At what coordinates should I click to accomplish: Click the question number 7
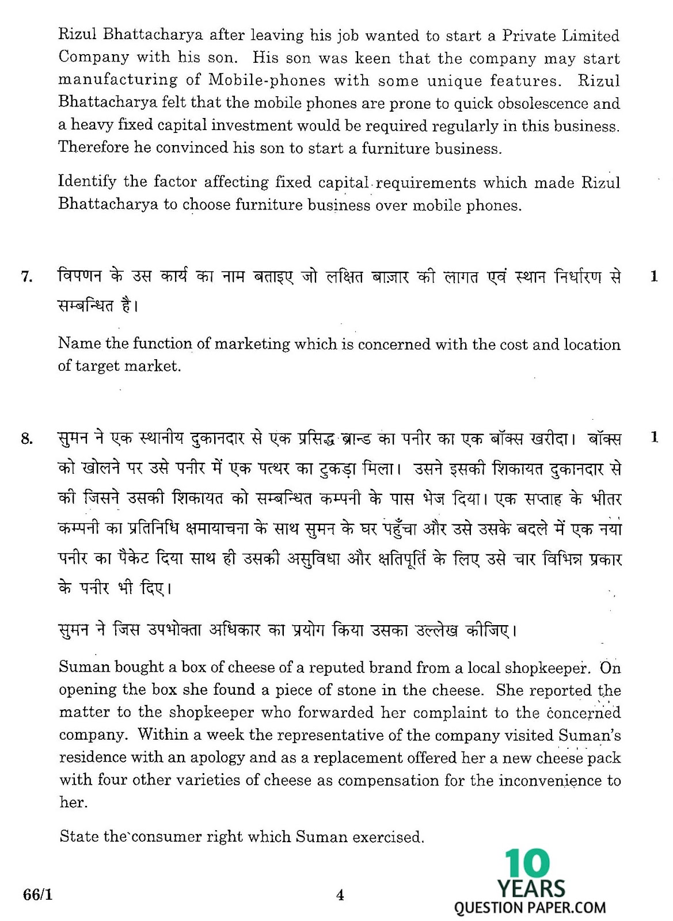[x=26, y=277]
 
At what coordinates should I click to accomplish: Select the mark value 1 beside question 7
[x=653, y=277]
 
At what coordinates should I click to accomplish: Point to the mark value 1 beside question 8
[x=653, y=437]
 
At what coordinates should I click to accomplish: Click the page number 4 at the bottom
[x=340, y=895]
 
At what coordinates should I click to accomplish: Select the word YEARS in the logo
[x=531, y=889]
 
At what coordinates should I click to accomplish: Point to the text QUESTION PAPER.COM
[x=530, y=908]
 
